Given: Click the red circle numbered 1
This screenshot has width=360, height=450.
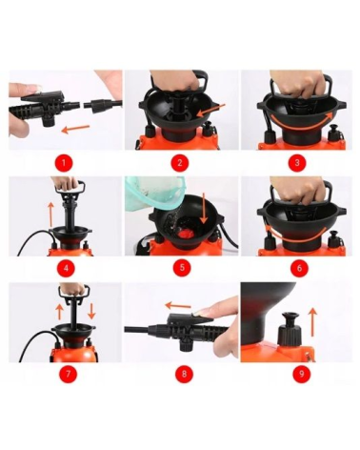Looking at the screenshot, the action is click(63, 163).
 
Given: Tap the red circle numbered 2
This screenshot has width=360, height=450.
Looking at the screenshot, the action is click(180, 163).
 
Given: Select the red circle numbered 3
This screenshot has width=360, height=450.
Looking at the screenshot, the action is click(297, 163).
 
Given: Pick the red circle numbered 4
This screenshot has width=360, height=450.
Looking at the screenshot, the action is click(66, 268).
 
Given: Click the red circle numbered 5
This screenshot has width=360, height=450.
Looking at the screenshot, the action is click(182, 268).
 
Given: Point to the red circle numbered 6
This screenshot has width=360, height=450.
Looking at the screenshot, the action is click(299, 268).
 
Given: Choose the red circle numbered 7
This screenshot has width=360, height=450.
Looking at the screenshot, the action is click(68, 374).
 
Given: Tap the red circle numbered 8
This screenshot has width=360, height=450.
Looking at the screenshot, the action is click(184, 374).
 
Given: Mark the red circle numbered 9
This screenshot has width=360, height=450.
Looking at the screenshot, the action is click(300, 374).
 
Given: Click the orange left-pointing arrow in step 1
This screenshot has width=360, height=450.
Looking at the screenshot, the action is click(75, 129).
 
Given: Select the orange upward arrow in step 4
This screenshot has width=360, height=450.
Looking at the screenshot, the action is click(50, 215).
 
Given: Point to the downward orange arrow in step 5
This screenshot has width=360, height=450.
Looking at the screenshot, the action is click(203, 207).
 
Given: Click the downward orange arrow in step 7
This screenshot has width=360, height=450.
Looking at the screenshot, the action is click(91, 311).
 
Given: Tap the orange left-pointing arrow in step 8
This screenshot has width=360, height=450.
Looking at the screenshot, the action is click(178, 306).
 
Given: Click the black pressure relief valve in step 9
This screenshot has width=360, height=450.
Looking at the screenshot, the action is click(290, 330).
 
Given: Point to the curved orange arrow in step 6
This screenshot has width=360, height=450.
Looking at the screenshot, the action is click(297, 233).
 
